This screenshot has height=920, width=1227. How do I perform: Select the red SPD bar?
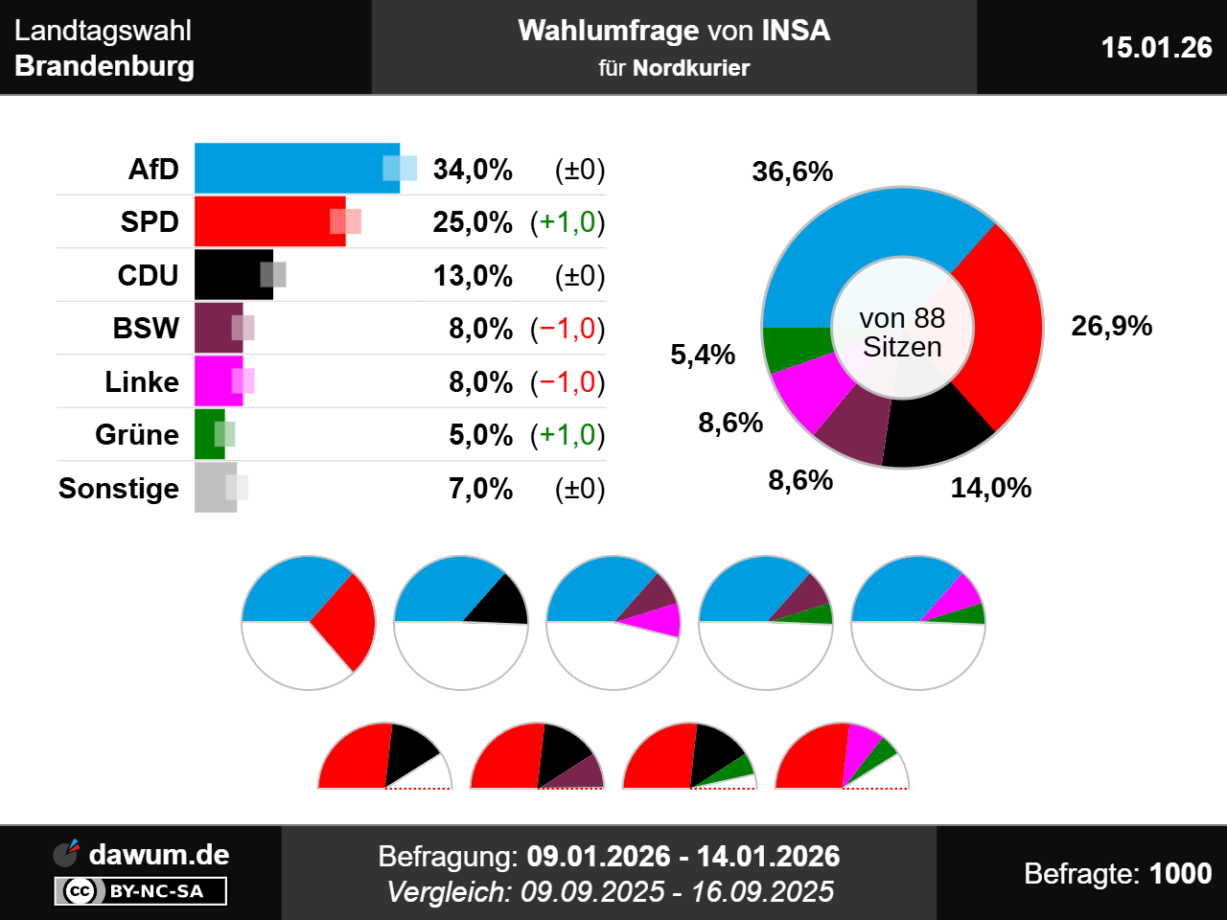[269, 221]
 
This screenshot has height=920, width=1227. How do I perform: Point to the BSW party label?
[146, 329]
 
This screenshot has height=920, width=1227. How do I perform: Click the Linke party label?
[142, 381]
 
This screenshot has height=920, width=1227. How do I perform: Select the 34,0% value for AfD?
[473, 170]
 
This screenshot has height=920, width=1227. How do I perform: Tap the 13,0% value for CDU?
[473, 276]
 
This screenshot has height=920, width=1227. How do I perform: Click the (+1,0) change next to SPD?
[567, 222]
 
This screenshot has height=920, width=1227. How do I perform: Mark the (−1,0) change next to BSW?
[567, 329]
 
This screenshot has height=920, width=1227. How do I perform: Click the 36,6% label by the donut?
[793, 172]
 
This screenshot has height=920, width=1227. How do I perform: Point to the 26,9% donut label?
[1112, 326]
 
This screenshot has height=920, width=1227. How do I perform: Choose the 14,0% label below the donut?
[991, 488]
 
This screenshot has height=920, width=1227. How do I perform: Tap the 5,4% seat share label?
[703, 355]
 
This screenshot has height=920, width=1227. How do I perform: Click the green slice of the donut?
[796, 348]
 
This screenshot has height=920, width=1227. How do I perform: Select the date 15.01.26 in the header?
[1156, 47]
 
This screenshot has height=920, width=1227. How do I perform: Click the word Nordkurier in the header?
[691, 68]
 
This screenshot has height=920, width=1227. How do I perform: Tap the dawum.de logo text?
[158, 854]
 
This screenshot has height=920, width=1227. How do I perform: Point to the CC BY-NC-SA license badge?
[141, 891]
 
